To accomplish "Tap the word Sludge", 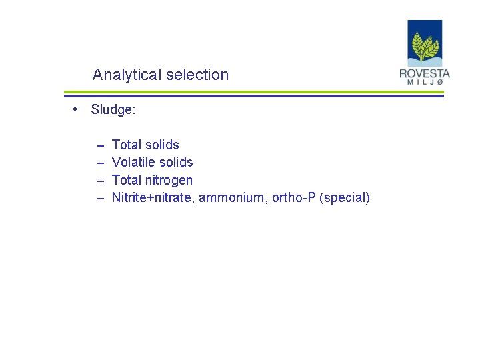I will click(113, 110).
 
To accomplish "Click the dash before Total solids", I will click(100, 145).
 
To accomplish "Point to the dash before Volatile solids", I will click(100, 162).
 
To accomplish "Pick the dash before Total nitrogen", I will click(100, 180).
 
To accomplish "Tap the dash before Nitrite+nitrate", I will click(100, 197).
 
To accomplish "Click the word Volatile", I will click(134, 162).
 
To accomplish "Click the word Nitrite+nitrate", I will click(152, 197).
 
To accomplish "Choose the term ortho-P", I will click(294, 197).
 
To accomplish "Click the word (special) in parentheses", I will click(345, 197).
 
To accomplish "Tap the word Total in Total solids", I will click(126, 145).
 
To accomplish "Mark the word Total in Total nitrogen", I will click(126, 180).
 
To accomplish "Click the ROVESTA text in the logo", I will click(425, 73).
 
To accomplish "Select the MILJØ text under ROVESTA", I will click(425, 83).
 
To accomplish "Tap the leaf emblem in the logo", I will click(425, 45).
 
